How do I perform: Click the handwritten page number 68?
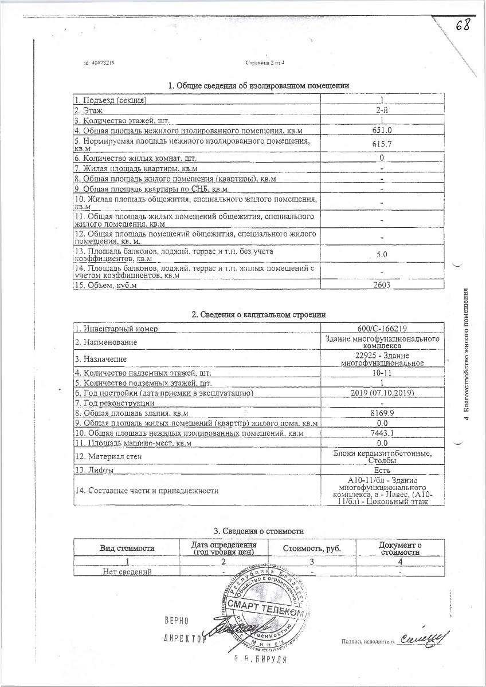click(463, 25)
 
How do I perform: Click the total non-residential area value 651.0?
click(382, 131)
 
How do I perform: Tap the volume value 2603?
click(382, 285)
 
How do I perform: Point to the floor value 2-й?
click(382, 110)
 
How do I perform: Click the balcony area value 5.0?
click(382, 254)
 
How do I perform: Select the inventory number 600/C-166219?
click(382, 329)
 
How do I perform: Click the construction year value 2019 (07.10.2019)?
click(382, 393)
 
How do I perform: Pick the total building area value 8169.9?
click(382, 413)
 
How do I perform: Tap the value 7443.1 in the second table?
click(382, 433)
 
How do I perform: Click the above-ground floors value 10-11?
click(382, 372)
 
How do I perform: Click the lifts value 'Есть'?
click(382, 470)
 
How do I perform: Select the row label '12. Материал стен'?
click(108, 456)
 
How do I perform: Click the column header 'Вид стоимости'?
click(127, 548)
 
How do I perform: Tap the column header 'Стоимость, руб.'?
click(312, 548)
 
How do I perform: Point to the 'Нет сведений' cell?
click(127, 571)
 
